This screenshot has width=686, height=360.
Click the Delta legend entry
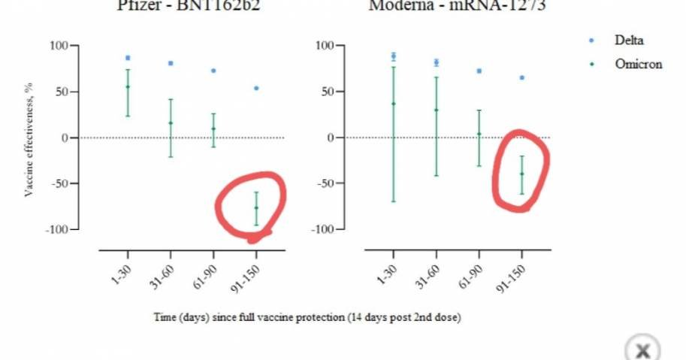pos(629,40)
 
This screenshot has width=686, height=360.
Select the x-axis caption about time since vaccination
pos(307,317)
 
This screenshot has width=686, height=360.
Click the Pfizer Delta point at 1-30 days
pos(128,58)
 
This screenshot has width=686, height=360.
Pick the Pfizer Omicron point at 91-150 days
pos(256,207)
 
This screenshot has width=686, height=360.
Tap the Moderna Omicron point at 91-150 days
pos(521,174)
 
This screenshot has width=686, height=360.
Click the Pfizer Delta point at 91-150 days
pos(256,88)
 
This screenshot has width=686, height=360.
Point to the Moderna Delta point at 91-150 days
pos(521,77)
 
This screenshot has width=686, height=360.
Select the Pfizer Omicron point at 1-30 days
pos(128,86)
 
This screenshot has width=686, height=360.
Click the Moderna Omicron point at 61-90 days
pos(479,134)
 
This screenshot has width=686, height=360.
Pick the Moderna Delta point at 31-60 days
pos(436,62)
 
